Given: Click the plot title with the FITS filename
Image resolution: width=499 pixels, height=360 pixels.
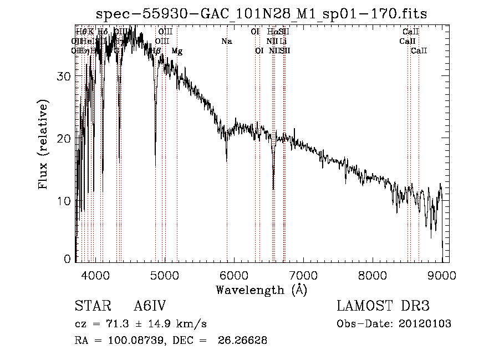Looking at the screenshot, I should tap(261, 14).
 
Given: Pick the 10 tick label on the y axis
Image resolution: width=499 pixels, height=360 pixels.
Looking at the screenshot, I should tap(65, 200).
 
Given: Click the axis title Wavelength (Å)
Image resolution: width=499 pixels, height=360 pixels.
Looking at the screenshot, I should tap(261, 290).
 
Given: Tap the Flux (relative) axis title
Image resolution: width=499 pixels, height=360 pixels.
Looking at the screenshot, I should tap(43, 144).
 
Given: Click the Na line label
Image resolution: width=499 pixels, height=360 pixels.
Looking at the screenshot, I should tap(226, 42).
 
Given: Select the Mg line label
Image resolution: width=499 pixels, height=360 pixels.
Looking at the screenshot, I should tap(177, 51).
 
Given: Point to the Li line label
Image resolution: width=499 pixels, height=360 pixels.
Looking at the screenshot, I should tap(283, 42).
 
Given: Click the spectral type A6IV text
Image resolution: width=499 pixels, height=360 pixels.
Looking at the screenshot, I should tap(150, 306).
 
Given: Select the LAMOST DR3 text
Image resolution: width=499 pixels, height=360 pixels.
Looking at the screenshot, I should tap(383, 306).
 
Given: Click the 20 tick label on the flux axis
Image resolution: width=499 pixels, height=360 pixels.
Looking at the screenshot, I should tap(65, 138).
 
